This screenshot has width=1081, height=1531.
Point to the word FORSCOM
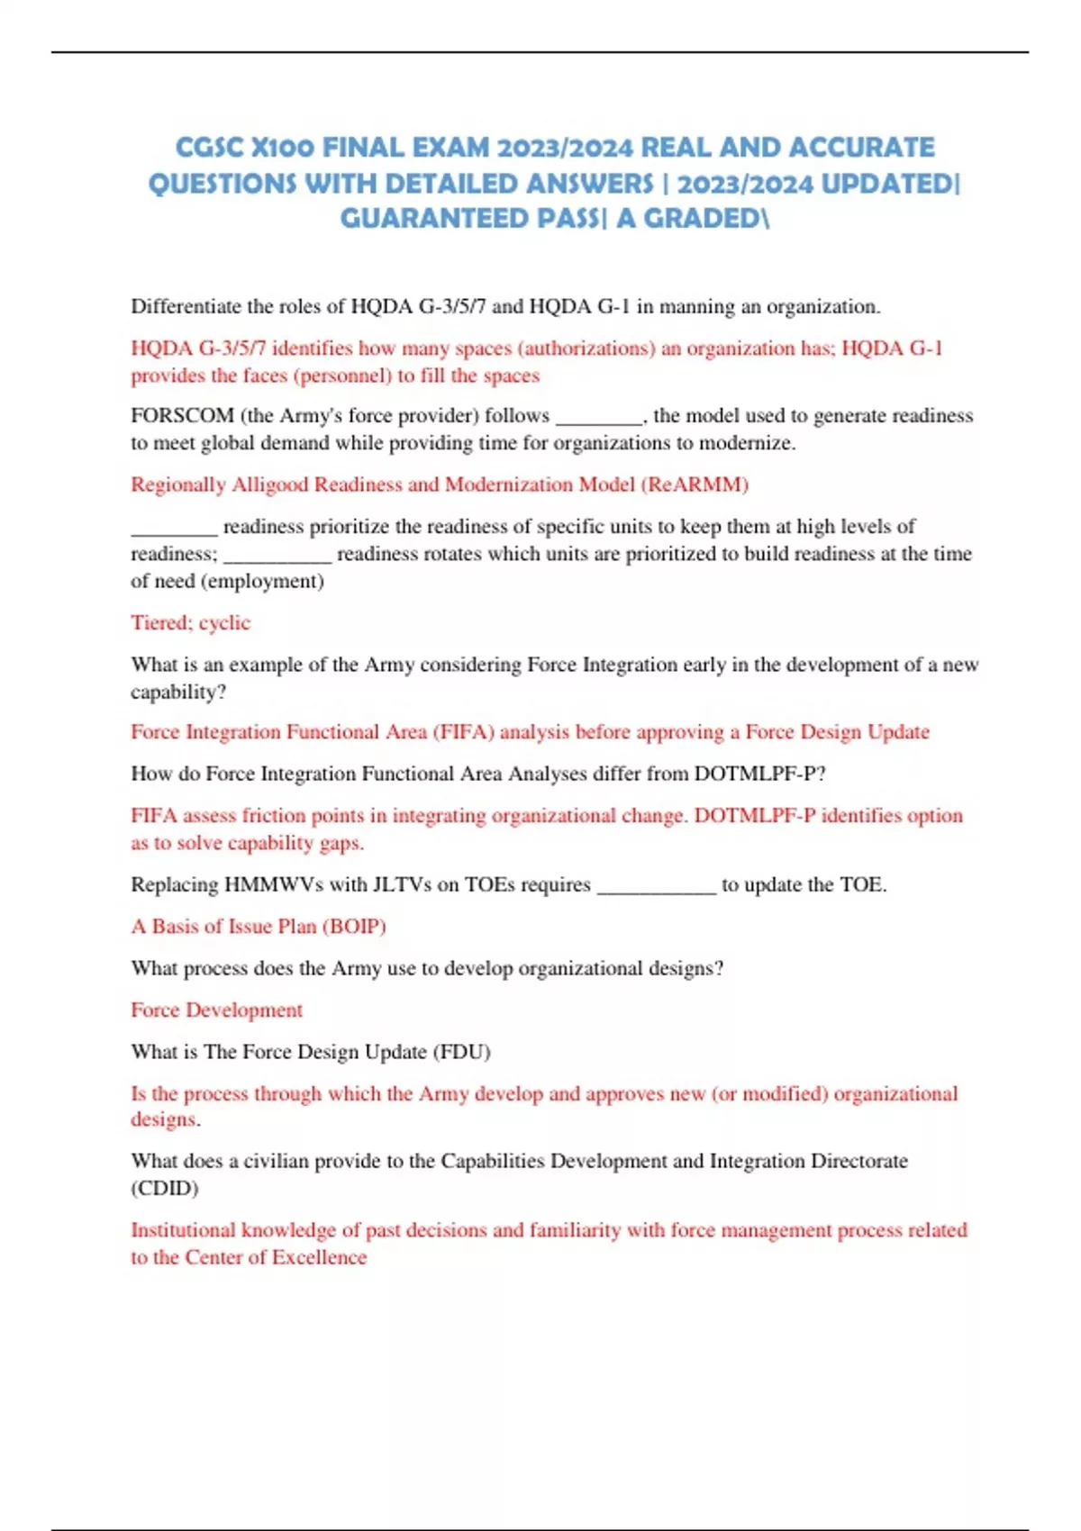point(182,415)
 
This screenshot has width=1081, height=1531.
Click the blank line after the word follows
point(599,417)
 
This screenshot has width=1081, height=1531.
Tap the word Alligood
point(270,485)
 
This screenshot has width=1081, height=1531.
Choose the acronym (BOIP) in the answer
point(354,927)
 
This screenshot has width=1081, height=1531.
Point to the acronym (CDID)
point(165,1188)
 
